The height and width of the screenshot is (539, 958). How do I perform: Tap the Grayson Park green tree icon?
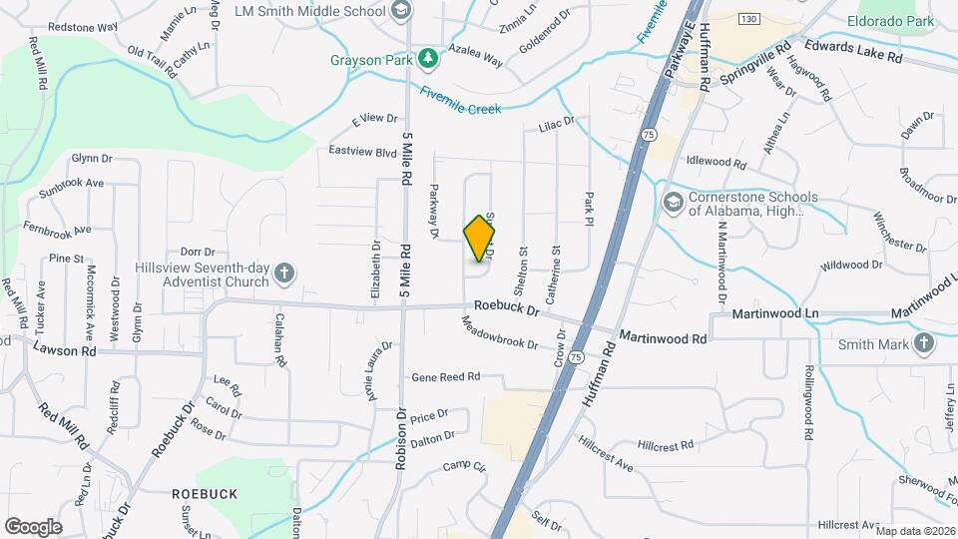(x=428, y=59)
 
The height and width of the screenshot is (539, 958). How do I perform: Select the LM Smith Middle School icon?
(x=400, y=12)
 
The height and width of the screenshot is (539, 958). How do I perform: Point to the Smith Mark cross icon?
(x=924, y=344)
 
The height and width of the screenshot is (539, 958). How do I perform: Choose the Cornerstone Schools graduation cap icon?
(x=673, y=204)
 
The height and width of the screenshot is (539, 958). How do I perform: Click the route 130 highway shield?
(x=749, y=20)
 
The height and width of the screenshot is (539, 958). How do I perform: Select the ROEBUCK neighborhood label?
(x=204, y=494)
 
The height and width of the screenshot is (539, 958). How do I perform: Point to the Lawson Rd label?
(x=64, y=350)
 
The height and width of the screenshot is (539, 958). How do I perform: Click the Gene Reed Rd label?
(x=446, y=377)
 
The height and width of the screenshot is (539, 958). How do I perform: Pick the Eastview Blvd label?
(x=363, y=151)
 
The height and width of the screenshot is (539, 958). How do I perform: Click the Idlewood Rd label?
(x=717, y=161)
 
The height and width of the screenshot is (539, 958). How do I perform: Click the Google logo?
(x=33, y=526)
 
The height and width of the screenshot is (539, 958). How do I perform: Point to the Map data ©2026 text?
(x=915, y=531)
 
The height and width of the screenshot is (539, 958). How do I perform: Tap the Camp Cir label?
(x=464, y=466)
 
